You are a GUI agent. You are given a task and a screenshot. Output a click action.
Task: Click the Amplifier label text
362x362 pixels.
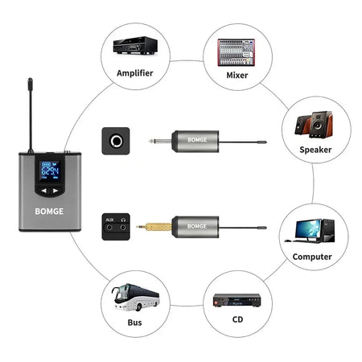pos(134,72)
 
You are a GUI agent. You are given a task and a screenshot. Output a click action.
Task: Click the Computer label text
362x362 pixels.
pos(312,257)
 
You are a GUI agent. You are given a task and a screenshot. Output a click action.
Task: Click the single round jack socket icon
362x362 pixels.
pos(117,142)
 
